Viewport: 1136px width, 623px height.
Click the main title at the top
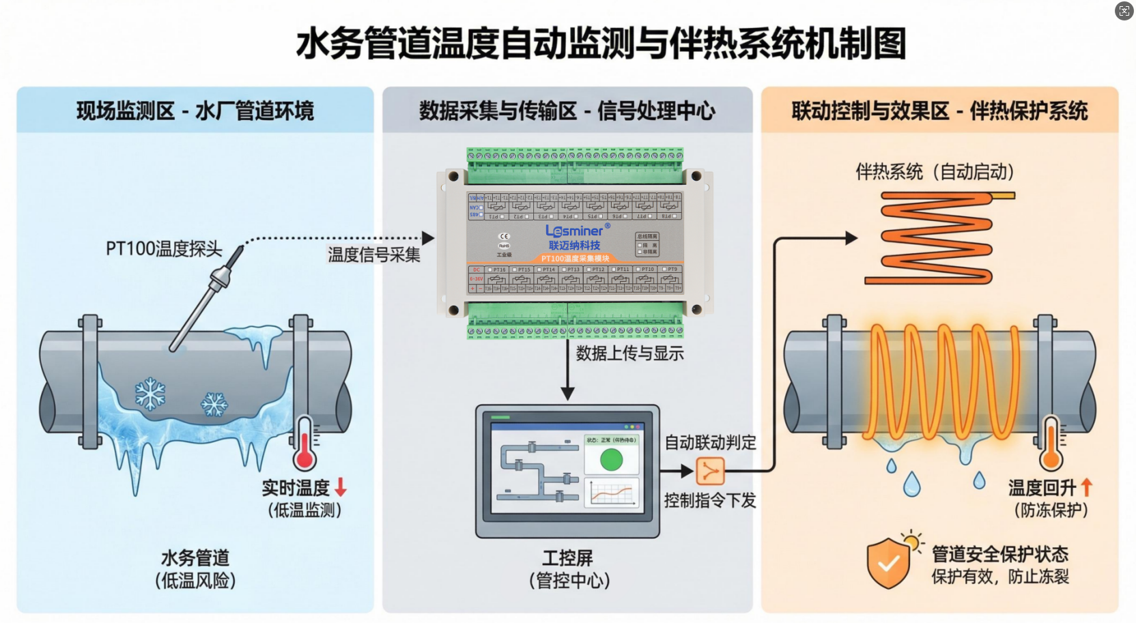click(x=601, y=44)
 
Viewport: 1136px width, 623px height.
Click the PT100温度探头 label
click(x=164, y=249)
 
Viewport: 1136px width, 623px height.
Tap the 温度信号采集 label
click(x=374, y=255)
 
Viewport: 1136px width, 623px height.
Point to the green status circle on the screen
click(x=611, y=460)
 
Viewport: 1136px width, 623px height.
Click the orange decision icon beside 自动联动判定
click(x=710, y=471)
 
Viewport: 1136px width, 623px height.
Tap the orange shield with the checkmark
click(x=887, y=563)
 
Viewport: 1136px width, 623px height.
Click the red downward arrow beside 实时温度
click(x=341, y=487)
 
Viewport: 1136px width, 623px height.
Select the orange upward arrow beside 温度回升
click(x=1086, y=487)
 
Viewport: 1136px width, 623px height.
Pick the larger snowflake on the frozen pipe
click(x=150, y=394)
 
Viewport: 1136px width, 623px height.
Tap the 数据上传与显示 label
click(x=629, y=353)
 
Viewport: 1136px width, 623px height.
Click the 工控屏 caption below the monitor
click(x=567, y=558)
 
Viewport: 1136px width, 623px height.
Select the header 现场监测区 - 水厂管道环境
click(x=195, y=111)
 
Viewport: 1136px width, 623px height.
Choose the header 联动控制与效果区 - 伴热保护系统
click(x=939, y=111)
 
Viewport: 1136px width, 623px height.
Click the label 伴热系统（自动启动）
click(x=935, y=171)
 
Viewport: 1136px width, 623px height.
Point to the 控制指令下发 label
click(x=710, y=500)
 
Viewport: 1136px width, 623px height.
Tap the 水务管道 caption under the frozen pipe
click(x=195, y=558)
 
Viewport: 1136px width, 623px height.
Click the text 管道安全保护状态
click(x=999, y=553)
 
